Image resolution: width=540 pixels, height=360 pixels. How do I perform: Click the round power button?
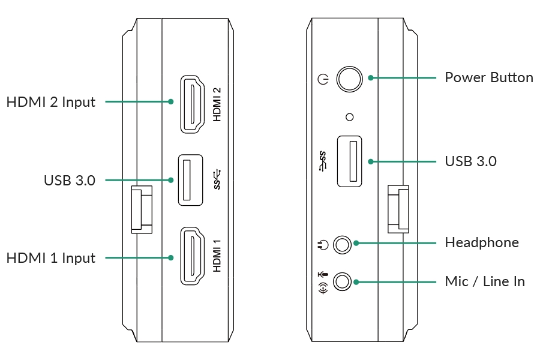point(349,79)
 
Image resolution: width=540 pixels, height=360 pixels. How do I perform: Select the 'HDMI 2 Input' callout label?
point(50,103)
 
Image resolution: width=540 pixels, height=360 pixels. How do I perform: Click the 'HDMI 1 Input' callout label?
point(50,258)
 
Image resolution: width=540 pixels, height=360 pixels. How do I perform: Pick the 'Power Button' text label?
point(489,77)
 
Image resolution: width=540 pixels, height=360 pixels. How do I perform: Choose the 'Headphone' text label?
point(482,242)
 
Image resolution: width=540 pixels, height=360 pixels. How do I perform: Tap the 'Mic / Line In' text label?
point(485,281)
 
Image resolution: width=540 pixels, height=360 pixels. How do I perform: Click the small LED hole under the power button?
point(350,117)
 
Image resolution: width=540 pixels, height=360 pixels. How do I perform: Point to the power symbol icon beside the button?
point(323,80)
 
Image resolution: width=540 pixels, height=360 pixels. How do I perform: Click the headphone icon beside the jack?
point(323,245)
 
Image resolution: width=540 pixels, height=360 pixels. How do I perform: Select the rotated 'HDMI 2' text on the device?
point(217,104)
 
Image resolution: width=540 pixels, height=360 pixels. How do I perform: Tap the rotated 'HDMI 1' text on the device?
point(217,256)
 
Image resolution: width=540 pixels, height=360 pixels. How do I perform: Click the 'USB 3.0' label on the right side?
point(471,161)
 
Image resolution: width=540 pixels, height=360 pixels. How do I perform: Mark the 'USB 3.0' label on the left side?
point(70,181)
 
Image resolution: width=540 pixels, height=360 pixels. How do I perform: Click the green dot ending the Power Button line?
point(371,78)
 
